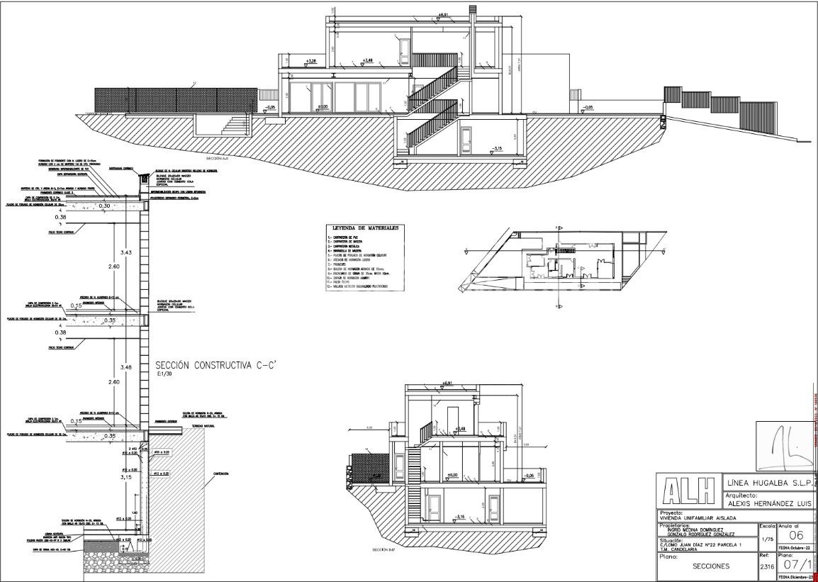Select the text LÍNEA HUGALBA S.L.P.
(x=769, y=482)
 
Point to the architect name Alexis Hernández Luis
(x=769, y=503)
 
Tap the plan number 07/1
(x=795, y=565)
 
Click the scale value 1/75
(x=766, y=539)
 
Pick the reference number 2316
(x=766, y=566)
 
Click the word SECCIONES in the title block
(x=711, y=566)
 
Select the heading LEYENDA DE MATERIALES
(x=364, y=228)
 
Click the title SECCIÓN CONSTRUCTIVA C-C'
(x=215, y=364)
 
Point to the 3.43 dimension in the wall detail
(x=126, y=252)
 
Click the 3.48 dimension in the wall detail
(x=126, y=367)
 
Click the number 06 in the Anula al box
(x=795, y=535)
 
